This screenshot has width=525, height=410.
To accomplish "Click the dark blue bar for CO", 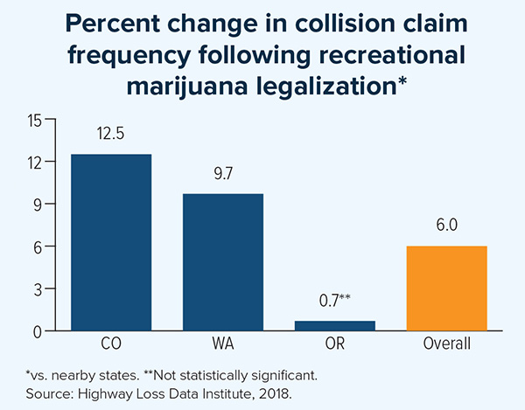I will coord(111,242).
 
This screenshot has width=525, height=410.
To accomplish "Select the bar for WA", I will coord(223,262).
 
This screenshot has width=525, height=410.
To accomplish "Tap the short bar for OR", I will coord(335,326).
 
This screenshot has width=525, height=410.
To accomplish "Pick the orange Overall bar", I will coord(446,288).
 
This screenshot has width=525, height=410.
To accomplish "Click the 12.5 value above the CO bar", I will coord(111,136).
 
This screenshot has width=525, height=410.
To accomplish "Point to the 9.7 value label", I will coord(223,175).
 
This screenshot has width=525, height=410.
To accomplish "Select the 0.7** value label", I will coord(335,302).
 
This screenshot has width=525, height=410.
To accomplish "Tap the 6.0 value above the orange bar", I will coord(446,226).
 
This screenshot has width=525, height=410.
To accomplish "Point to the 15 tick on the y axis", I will coord(34,121).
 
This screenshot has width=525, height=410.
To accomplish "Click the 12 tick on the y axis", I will coord(34,163).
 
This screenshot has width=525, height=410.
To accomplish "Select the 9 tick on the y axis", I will coord(38,205).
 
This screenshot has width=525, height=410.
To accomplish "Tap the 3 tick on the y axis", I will coord(38,288).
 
